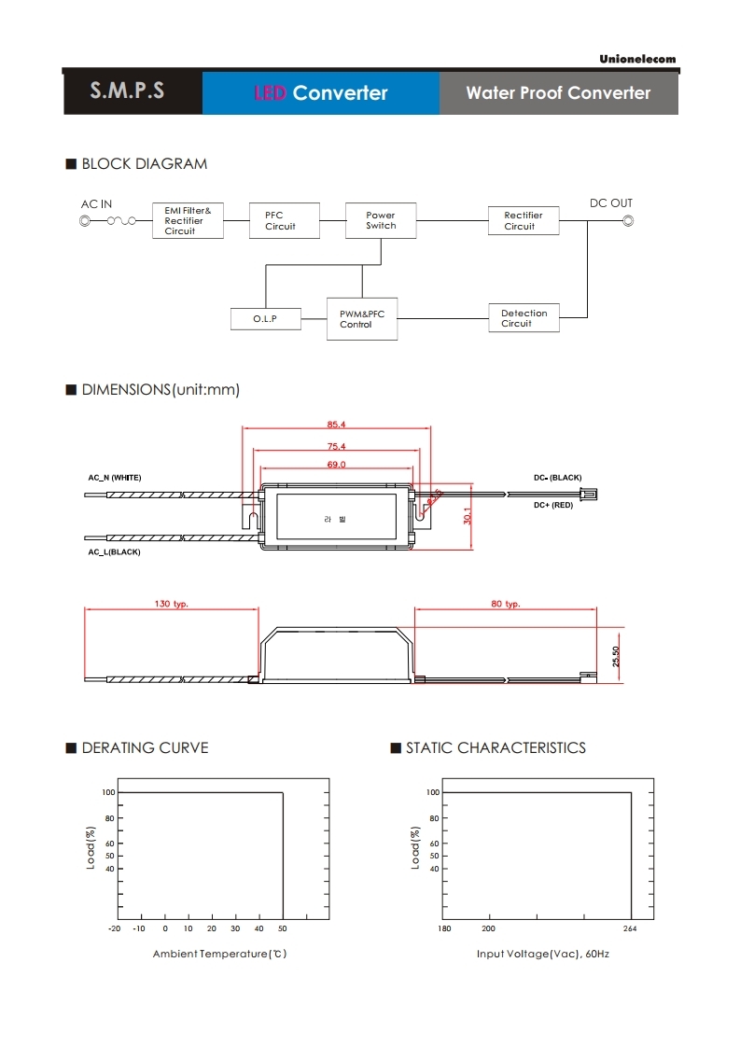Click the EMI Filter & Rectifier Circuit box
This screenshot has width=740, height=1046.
click(x=188, y=220)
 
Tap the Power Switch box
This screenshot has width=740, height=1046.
click(x=381, y=220)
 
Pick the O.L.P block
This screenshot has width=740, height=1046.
click(x=265, y=319)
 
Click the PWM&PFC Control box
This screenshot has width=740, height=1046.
click(x=362, y=319)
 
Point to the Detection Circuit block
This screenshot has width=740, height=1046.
click(x=524, y=318)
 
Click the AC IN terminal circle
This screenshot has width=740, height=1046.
click(x=86, y=221)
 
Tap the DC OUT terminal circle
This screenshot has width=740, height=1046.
click(x=628, y=221)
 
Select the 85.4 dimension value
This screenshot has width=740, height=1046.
click(x=337, y=425)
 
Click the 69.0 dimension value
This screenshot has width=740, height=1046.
click(x=336, y=464)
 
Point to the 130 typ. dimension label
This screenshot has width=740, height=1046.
click(x=172, y=605)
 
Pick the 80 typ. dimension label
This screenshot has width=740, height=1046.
click(x=506, y=605)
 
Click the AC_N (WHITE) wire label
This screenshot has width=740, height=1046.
click(x=115, y=478)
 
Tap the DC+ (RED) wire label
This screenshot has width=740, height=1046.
click(x=553, y=505)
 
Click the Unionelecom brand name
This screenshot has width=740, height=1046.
click(x=637, y=60)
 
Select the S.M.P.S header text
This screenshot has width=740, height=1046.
click(x=128, y=91)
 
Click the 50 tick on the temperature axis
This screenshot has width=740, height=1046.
click(x=282, y=928)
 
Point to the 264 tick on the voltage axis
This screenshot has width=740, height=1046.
click(x=630, y=928)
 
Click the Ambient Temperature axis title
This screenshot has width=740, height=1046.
click(x=220, y=954)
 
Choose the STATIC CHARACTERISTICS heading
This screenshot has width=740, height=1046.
click(x=496, y=747)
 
